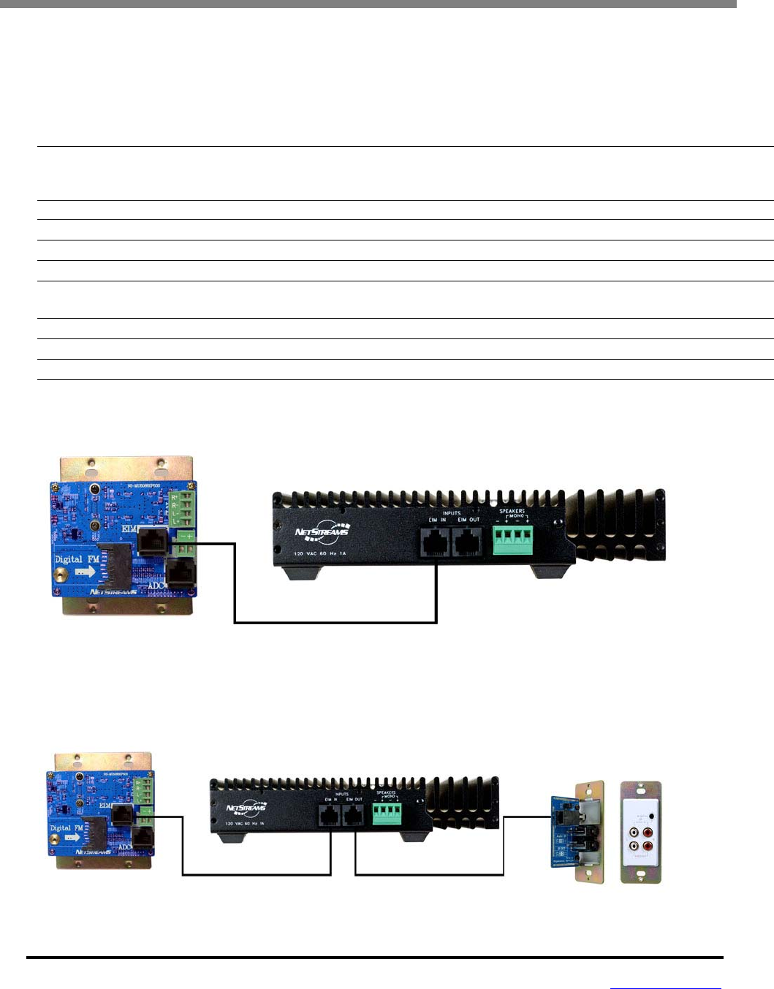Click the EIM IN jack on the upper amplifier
(x=436, y=542)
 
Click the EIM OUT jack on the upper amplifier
(x=468, y=542)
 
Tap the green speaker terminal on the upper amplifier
(x=512, y=539)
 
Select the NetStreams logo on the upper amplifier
(x=323, y=531)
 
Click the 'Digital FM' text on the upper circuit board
(x=77, y=559)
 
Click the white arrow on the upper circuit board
(x=85, y=572)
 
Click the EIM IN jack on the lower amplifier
(x=330, y=815)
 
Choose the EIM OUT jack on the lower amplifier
(x=354, y=815)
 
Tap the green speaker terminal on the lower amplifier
(x=387, y=814)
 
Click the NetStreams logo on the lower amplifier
(x=247, y=807)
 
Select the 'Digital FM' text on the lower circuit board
(x=66, y=828)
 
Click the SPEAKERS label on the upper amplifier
(x=512, y=511)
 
